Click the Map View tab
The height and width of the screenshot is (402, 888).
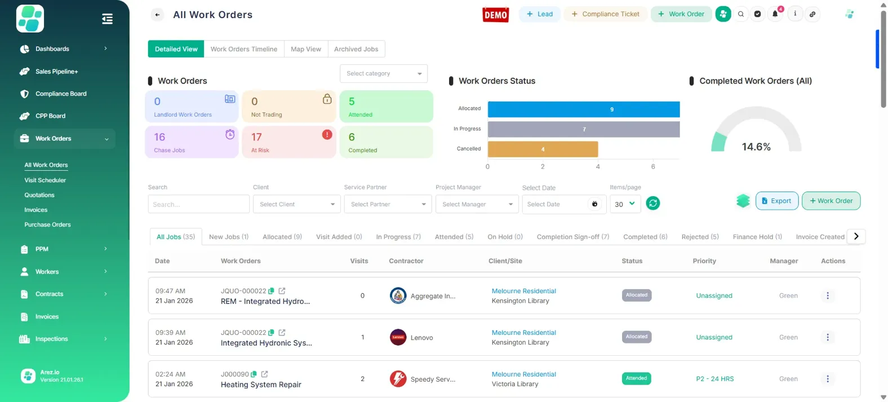coord(306,49)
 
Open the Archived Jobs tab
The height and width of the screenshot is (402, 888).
coord(356,49)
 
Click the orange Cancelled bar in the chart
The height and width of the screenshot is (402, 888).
coord(542,149)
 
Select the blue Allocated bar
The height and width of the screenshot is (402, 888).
coord(583,109)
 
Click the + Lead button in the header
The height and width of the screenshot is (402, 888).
coord(540,14)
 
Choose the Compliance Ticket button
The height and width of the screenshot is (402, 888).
coord(606,14)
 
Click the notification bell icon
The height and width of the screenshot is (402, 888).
coord(775,14)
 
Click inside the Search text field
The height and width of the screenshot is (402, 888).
coord(198,204)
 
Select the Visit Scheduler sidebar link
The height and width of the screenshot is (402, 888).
coord(45,180)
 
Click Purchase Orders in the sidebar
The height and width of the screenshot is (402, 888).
coord(47,225)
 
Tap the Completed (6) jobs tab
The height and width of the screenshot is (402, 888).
coord(645,237)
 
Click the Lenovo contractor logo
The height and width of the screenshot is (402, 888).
coord(398,337)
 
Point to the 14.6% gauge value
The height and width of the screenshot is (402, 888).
coord(756,147)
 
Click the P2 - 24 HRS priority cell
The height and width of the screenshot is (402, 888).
coord(714,379)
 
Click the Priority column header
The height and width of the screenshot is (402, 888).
coord(704,261)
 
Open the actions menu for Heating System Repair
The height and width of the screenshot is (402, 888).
coord(828,379)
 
